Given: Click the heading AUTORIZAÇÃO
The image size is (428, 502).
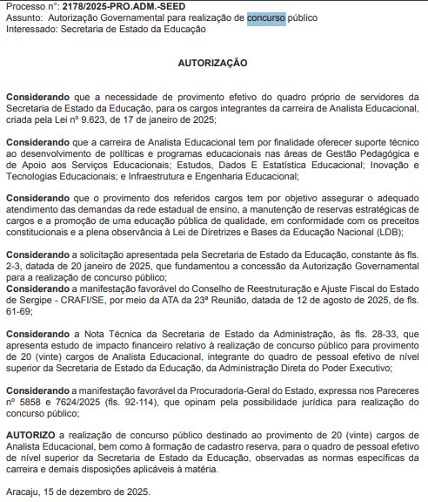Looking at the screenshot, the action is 212,63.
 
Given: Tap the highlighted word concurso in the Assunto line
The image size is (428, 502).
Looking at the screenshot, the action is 265,17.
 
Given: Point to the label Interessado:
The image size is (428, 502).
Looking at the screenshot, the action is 31,30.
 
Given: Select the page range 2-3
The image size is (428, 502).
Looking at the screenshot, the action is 14,265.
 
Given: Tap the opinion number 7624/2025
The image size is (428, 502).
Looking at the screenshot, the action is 74,404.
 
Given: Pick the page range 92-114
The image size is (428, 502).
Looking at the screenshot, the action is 130,404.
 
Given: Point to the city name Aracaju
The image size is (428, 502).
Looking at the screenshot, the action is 25,492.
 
